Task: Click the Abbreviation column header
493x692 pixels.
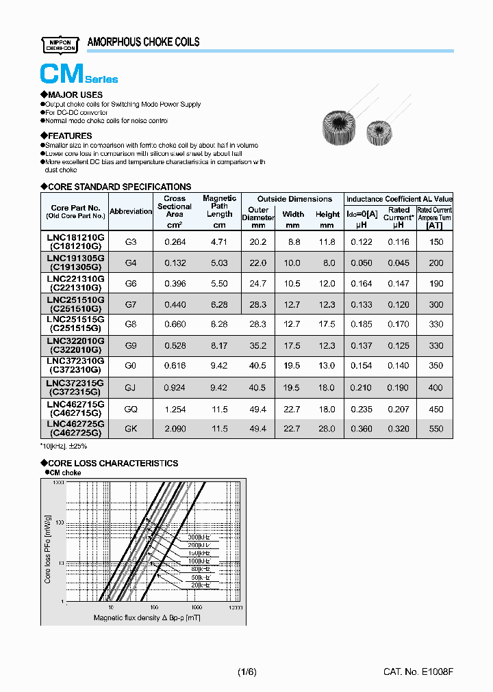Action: (131, 211)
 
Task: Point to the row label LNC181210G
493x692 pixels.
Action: (75, 237)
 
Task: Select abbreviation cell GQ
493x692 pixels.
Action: (131, 409)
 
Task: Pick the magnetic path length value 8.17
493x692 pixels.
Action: (219, 346)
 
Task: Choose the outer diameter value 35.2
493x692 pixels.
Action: (257, 346)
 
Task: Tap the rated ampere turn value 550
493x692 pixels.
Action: (435, 429)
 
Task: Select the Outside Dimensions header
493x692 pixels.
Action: (294, 199)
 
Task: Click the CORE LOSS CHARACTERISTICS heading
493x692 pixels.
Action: (113, 463)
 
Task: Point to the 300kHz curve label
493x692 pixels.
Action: (199, 537)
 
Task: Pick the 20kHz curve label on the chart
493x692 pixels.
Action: (199, 585)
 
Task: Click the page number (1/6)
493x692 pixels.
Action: (246, 672)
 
